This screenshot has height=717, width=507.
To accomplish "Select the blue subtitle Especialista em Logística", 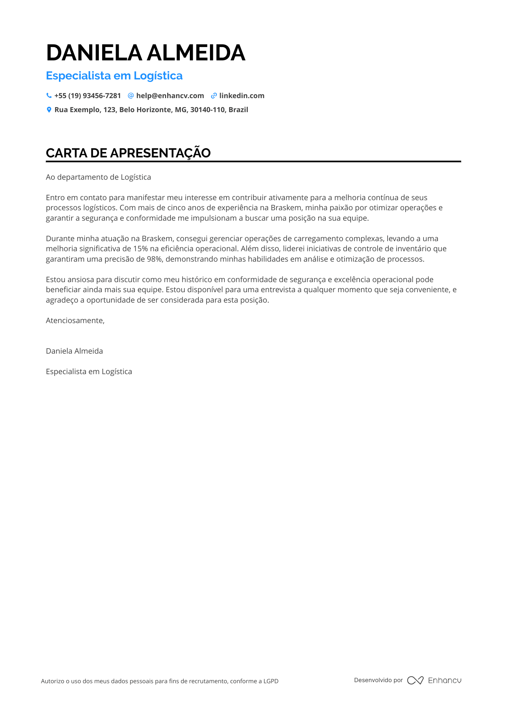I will coord(114,76).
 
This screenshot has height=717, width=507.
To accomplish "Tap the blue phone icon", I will coord(49,96).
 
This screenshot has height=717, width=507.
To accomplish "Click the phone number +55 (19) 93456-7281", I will coord(87,96).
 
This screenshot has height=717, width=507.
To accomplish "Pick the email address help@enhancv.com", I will coord(170,96).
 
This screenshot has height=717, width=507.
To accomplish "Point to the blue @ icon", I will coord(131,96).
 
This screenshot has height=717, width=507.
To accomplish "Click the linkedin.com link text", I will coord(242,96).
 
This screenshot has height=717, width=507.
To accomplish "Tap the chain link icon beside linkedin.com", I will coord(214,96).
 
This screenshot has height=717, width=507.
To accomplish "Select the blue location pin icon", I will coord(49,110).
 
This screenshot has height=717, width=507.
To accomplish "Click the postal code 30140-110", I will coord(207,110).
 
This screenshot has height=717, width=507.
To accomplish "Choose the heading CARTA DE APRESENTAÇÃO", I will coord(128,153).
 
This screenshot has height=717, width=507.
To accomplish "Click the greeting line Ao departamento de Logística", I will coord(98,177).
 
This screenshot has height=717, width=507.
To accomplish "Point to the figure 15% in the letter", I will coord(141,249).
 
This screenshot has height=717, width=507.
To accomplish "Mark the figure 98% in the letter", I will coord(154,259).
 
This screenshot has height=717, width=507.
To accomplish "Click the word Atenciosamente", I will coord(75,321).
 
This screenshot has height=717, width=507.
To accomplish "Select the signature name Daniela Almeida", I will coord(74,351).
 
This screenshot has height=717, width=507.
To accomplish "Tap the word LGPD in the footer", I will coord(271,681).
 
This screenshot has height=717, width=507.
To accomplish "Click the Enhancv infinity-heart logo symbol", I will coord(415,680).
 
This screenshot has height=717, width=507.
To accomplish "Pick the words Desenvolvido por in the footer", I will coord(378,680).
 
